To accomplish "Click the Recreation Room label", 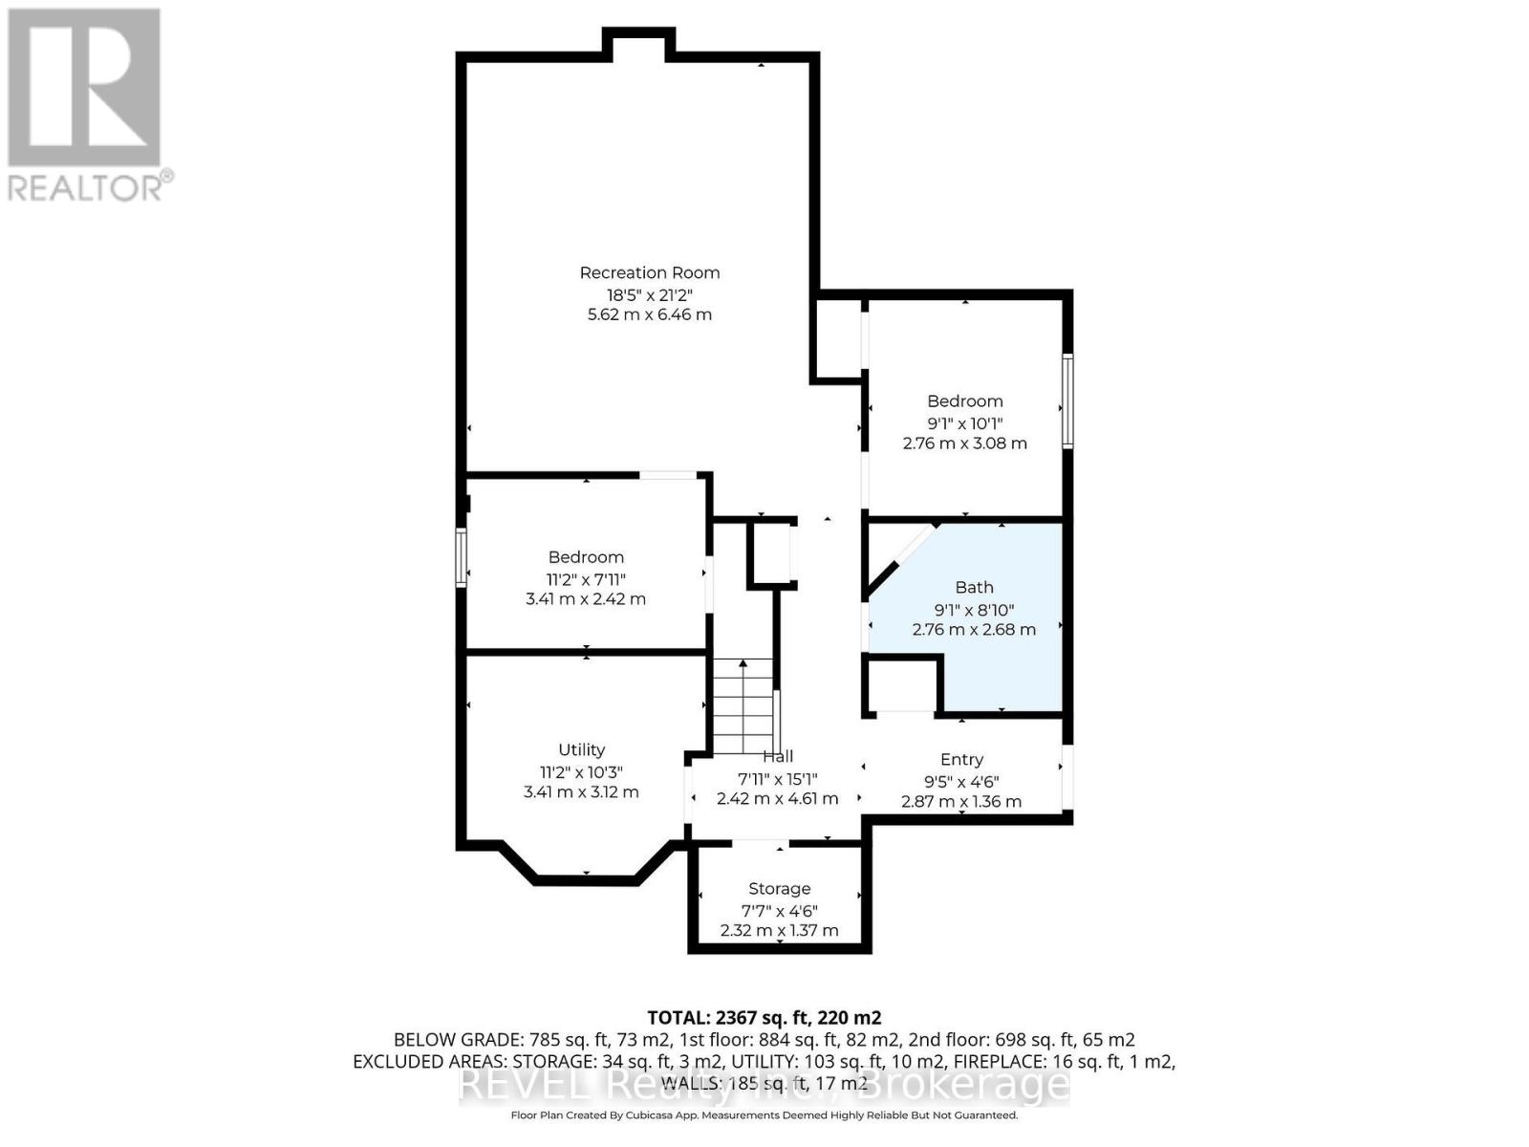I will tap(649, 272).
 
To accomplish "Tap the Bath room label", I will tap(974, 587).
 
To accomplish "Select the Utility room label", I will tap(581, 749).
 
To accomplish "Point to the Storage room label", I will tap(779, 888).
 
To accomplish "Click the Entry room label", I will tap(961, 759).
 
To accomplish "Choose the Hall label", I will tap(778, 756).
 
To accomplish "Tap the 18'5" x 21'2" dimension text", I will tap(649, 293).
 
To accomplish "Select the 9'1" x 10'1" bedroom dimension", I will tap(964, 422).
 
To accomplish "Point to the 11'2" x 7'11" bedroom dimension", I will tap(586, 578).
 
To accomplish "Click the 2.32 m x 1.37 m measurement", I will tap(779, 930).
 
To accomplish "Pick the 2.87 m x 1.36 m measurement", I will tap(961, 801).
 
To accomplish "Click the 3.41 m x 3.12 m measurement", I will tap(581, 791).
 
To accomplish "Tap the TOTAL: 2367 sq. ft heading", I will tap(764, 1017).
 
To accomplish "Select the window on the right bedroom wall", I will tap(1067, 400).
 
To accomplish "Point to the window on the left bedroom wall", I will tap(461, 557).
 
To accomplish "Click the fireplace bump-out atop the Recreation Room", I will tap(638, 43).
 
